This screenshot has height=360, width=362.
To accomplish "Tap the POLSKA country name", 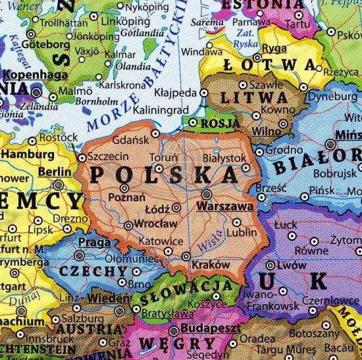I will (x=163, y=175).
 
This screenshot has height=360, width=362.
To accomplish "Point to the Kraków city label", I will (x=210, y=264).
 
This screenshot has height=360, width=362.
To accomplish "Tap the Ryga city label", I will (x=273, y=48).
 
